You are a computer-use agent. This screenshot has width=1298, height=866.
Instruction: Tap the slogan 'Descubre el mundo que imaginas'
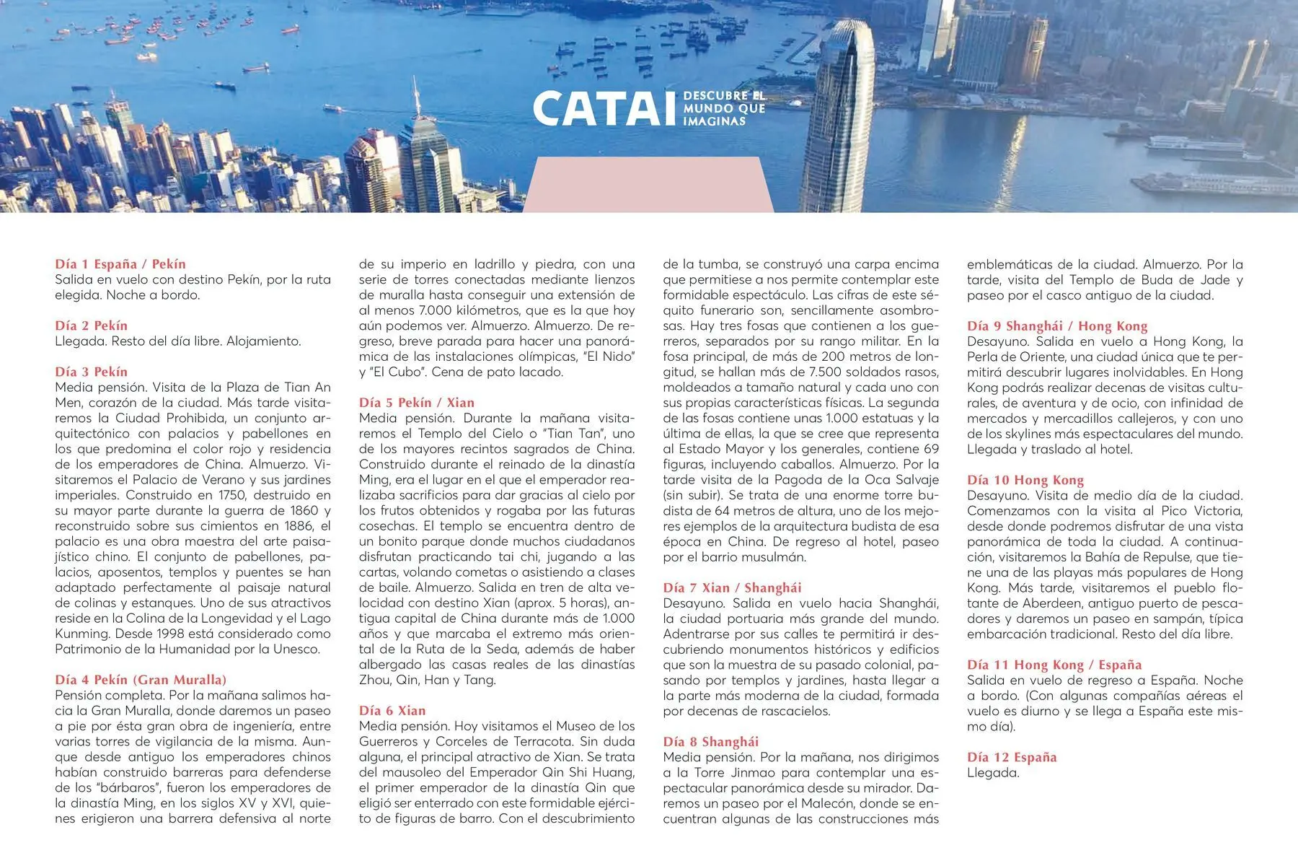(x=723, y=108)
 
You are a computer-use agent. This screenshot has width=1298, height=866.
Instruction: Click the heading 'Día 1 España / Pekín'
(x=120, y=264)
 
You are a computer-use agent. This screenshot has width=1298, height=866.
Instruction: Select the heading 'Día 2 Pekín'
(x=91, y=325)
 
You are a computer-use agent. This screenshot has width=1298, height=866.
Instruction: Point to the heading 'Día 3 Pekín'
(x=91, y=372)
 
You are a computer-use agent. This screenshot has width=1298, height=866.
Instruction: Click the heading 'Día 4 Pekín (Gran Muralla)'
(x=141, y=680)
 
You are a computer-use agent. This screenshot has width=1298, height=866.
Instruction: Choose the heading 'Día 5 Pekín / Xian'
(x=417, y=403)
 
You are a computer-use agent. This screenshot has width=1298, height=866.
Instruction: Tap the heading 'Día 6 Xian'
(x=392, y=711)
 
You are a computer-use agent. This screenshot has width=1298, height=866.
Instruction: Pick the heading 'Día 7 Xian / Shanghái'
(x=732, y=587)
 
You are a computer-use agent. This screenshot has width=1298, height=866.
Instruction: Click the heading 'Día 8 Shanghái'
(x=711, y=742)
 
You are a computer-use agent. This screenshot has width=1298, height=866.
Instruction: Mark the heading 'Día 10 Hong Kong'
(x=1025, y=480)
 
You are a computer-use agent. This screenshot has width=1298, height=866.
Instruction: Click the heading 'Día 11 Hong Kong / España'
(x=1044, y=665)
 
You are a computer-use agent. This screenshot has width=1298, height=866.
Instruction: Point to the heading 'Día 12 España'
(x=1012, y=757)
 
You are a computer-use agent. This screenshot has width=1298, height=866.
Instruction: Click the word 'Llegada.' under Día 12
(x=993, y=773)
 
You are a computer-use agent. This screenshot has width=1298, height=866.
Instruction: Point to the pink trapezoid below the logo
(x=647, y=185)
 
